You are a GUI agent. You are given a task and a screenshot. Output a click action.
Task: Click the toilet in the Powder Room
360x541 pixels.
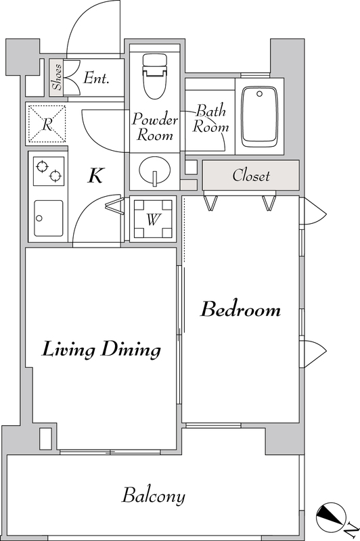(x=155, y=76)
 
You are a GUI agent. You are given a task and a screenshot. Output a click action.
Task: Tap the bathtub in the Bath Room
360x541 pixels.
(x=260, y=116)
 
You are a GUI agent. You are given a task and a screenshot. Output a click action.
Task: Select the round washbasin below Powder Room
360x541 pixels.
(x=155, y=170)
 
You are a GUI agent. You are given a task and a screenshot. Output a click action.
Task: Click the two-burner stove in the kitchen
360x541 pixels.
(x=49, y=171)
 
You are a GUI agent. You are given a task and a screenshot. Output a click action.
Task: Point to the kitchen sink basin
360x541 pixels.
(x=49, y=218)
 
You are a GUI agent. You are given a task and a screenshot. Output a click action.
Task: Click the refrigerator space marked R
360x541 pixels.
(x=47, y=124)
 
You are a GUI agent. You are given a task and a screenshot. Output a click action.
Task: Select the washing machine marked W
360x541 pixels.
(x=153, y=218)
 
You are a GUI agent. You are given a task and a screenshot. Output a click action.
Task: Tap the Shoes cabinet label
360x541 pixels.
(x=57, y=77)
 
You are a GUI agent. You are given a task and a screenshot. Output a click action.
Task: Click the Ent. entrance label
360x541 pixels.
(x=96, y=78)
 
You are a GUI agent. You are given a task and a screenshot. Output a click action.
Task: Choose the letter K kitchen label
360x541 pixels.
(x=95, y=176)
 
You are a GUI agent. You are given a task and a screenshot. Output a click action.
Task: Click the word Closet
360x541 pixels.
(x=251, y=175)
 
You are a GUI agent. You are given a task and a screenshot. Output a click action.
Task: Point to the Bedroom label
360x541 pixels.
(x=241, y=309)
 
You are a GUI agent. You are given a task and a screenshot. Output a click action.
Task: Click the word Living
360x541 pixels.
(x=68, y=350)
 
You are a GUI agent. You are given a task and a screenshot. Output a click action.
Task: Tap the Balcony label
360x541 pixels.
(x=154, y=496)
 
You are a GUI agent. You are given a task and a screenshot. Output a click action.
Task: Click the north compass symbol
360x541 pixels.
(x=332, y=517)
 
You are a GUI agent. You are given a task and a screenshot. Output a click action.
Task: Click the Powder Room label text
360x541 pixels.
(x=155, y=126)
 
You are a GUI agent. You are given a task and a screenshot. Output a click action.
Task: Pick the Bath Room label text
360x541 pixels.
(x=210, y=118)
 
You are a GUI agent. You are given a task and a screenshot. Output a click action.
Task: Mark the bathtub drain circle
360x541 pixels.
(x=260, y=93)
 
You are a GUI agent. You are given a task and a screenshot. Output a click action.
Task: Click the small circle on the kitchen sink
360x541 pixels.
(x=39, y=218)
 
